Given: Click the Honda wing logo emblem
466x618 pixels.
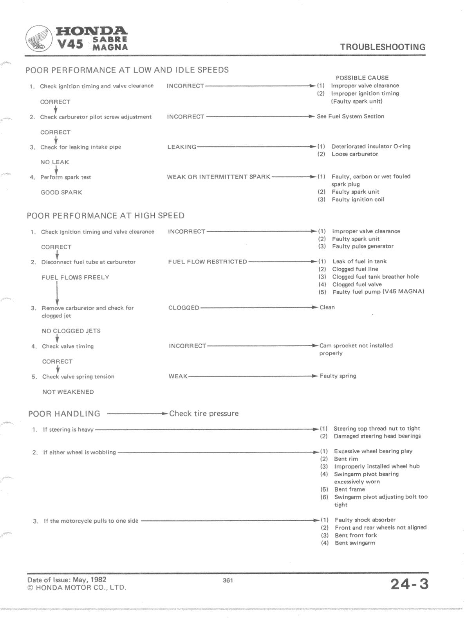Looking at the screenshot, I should [x=40, y=39].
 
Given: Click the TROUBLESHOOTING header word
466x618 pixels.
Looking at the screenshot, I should [x=382, y=47].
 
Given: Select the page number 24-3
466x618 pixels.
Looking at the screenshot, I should [x=409, y=584].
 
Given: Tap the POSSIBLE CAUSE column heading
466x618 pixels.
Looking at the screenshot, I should [x=362, y=78].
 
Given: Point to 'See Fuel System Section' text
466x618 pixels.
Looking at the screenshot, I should [x=350, y=116].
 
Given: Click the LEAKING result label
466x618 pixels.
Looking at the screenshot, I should [x=182, y=147].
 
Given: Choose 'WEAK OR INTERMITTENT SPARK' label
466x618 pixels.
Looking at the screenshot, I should [x=219, y=177].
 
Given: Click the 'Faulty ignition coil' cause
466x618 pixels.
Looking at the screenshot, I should [x=358, y=200].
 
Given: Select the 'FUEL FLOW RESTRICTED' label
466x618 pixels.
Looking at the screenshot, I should [x=208, y=262].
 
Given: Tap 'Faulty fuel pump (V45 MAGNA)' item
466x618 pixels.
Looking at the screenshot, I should [x=378, y=292].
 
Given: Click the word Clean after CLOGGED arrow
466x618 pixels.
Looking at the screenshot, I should [x=327, y=307].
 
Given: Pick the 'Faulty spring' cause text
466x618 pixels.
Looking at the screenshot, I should [x=338, y=376].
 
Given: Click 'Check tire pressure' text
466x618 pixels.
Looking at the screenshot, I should [x=204, y=413].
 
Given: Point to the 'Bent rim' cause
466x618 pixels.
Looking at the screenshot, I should [x=346, y=459].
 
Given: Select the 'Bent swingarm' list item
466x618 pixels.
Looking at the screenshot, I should [x=355, y=543].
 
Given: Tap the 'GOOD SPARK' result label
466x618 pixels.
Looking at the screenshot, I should [x=61, y=193].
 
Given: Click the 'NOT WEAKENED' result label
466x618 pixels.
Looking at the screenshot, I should [x=68, y=392].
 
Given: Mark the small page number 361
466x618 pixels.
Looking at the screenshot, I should [x=228, y=580].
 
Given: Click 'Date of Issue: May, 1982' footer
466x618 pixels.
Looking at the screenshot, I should [x=67, y=580].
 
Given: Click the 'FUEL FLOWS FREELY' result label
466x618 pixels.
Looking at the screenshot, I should [x=75, y=277].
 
